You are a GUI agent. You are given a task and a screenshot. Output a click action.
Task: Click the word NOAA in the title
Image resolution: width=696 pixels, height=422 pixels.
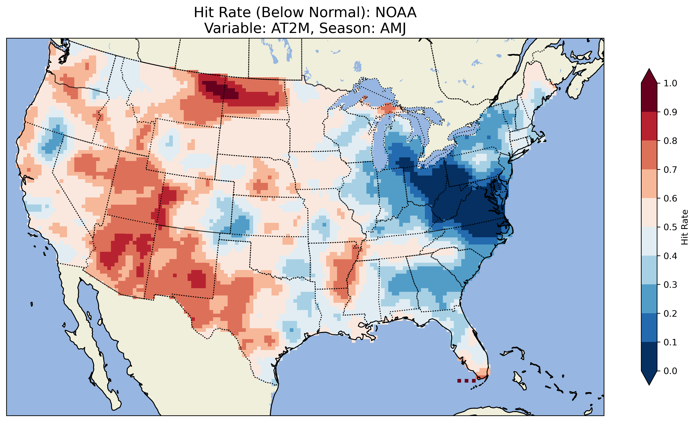coord(396,13)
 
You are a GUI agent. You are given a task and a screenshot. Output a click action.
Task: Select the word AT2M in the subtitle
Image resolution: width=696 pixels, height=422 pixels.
coord(290,28)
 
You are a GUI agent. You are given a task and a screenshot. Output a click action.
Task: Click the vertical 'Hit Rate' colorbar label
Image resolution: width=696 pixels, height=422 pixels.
coord(684,227)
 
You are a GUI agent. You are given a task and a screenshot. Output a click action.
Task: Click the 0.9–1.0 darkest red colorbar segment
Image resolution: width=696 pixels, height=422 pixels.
coord(649,97)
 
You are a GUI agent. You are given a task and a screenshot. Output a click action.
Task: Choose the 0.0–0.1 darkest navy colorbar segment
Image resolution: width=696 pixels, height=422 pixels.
coord(649,356)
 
